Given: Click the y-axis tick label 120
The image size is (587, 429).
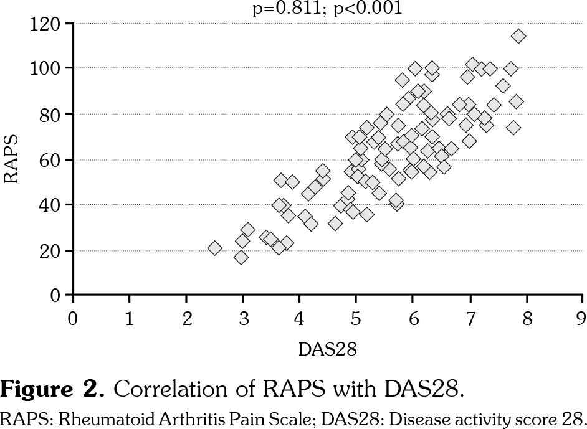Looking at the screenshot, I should [x=48, y=24].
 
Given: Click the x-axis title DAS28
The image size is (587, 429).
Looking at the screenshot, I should [x=328, y=349].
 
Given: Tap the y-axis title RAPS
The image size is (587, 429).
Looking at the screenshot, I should [x=12, y=159].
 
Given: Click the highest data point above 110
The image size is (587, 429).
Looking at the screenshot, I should [x=518, y=36].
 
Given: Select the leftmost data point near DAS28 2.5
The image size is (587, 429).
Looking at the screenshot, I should [x=215, y=248].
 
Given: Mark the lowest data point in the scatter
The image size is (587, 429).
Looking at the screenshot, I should [x=241, y=257].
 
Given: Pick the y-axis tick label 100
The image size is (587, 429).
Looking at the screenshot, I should [x=48, y=68].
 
